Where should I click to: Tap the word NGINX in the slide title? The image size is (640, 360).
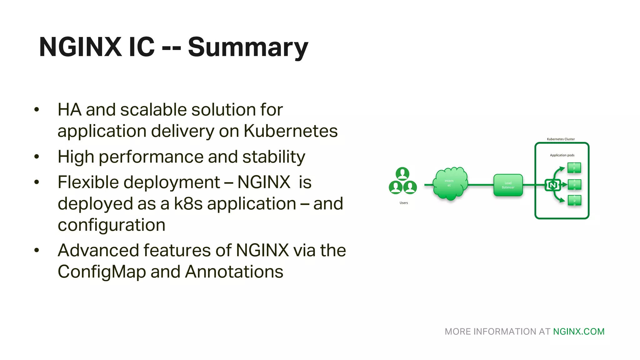click(x=80, y=47)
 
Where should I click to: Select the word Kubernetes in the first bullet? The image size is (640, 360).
click(x=291, y=131)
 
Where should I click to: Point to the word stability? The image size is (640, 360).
click(x=274, y=157)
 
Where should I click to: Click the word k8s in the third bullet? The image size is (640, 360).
click(x=188, y=204)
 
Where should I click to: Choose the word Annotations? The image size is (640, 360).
click(x=234, y=272)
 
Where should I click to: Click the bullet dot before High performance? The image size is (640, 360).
click(x=37, y=157)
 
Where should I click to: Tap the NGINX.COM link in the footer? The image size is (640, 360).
click(x=579, y=332)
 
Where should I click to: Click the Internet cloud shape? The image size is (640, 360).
click(x=450, y=184)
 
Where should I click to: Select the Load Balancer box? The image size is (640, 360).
click(x=508, y=185)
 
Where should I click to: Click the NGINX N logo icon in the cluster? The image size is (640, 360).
click(x=552, y=185)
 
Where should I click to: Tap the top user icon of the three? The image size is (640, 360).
click(x=402, y=173)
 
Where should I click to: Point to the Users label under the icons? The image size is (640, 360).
click(x=403, y=203)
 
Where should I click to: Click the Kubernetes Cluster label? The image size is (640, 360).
click(x=561, y=139)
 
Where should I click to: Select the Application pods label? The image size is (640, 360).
click(x=562, y=155)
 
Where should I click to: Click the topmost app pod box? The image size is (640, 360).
click(x=574, y=168)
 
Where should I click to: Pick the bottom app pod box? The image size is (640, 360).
click(x=574, y=200)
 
